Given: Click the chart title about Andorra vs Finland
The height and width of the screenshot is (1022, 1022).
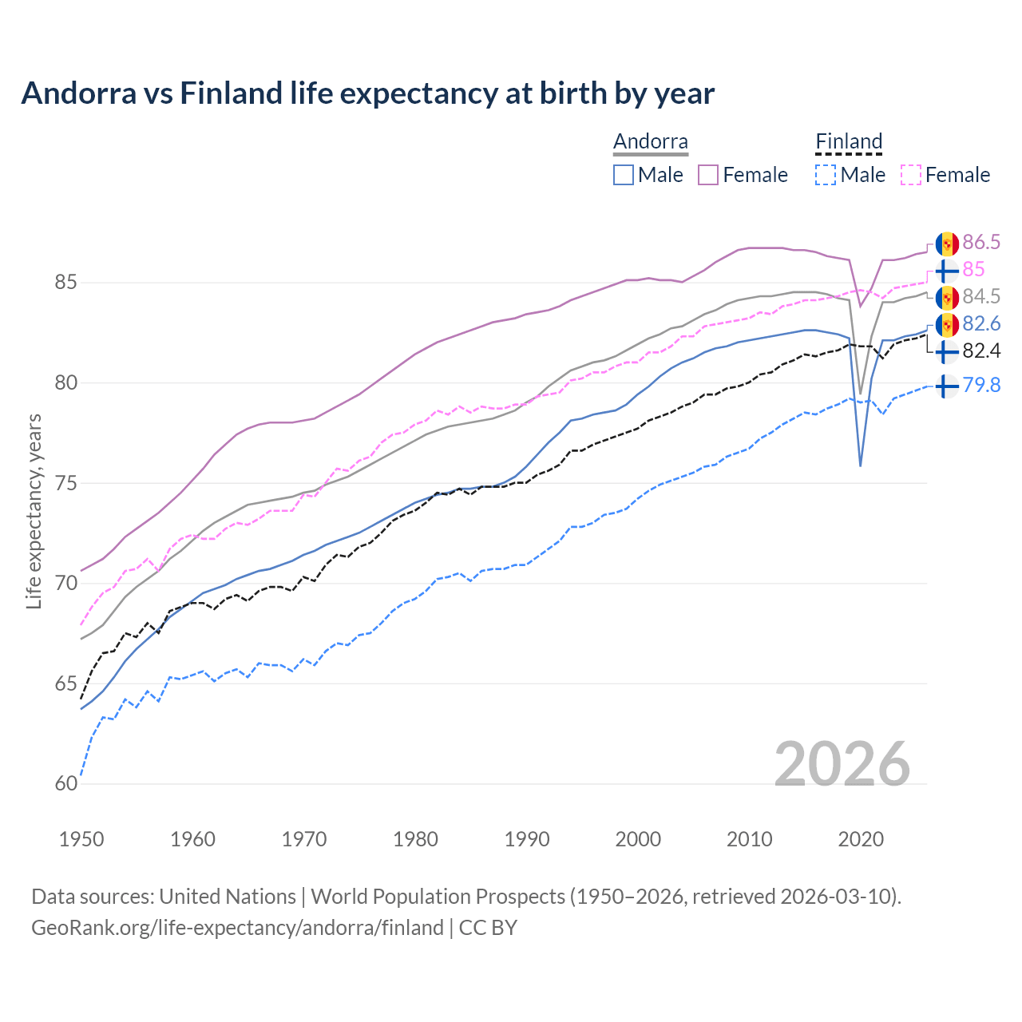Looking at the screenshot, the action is pos(367,93).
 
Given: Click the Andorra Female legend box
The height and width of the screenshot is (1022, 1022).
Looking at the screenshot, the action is pos(708,175).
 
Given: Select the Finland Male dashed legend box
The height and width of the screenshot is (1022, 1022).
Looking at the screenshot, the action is pos(826,175).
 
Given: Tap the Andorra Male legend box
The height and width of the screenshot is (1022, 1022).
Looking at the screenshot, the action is pos(624,175).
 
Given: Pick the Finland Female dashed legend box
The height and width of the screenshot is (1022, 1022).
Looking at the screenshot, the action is pos(911,175).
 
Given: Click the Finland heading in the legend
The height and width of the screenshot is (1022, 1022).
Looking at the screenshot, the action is pos(849,141).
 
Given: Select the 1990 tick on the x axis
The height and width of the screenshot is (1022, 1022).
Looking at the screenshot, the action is pos(527,839).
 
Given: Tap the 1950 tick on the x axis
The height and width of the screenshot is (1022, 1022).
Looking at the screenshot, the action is pos(81,839).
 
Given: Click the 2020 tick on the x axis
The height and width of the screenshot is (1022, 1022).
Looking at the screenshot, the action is pos(861,839).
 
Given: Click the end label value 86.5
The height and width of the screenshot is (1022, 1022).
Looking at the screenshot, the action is pos(981,243).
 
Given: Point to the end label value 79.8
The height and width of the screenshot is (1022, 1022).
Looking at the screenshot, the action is pos(981,386).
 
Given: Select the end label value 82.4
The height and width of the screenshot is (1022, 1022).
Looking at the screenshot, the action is pos(981,351).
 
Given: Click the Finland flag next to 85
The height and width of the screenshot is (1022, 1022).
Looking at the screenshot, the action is pos(947,270).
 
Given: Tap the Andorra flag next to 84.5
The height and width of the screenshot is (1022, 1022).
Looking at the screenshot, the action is pos(947,297).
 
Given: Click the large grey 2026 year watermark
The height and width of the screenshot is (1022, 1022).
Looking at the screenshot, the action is pos(842,764).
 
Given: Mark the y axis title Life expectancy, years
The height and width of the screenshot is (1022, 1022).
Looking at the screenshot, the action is pos(34,511).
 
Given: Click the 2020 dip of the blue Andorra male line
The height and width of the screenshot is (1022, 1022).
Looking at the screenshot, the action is pos(860,465).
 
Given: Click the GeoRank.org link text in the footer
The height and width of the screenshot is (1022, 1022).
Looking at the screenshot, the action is pos(237,928).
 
